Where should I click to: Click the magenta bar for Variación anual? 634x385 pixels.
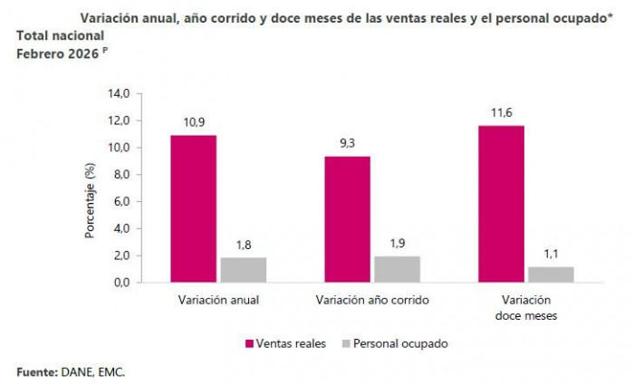pos(194,208)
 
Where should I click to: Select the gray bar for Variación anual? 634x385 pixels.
pos(243,270)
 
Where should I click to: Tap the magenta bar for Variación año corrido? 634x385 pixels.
pos(348,219)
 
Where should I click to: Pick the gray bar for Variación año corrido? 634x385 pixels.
pos(397,269)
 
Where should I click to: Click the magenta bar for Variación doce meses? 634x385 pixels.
pos(501,204)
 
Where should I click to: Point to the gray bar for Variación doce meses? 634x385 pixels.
pos(551,274)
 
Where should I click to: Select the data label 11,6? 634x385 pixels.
pos(501,113)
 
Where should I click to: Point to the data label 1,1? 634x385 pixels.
pos(551,255)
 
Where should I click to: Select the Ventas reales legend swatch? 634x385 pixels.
pos(250,344)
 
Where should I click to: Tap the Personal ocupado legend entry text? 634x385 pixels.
pos(399,344)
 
